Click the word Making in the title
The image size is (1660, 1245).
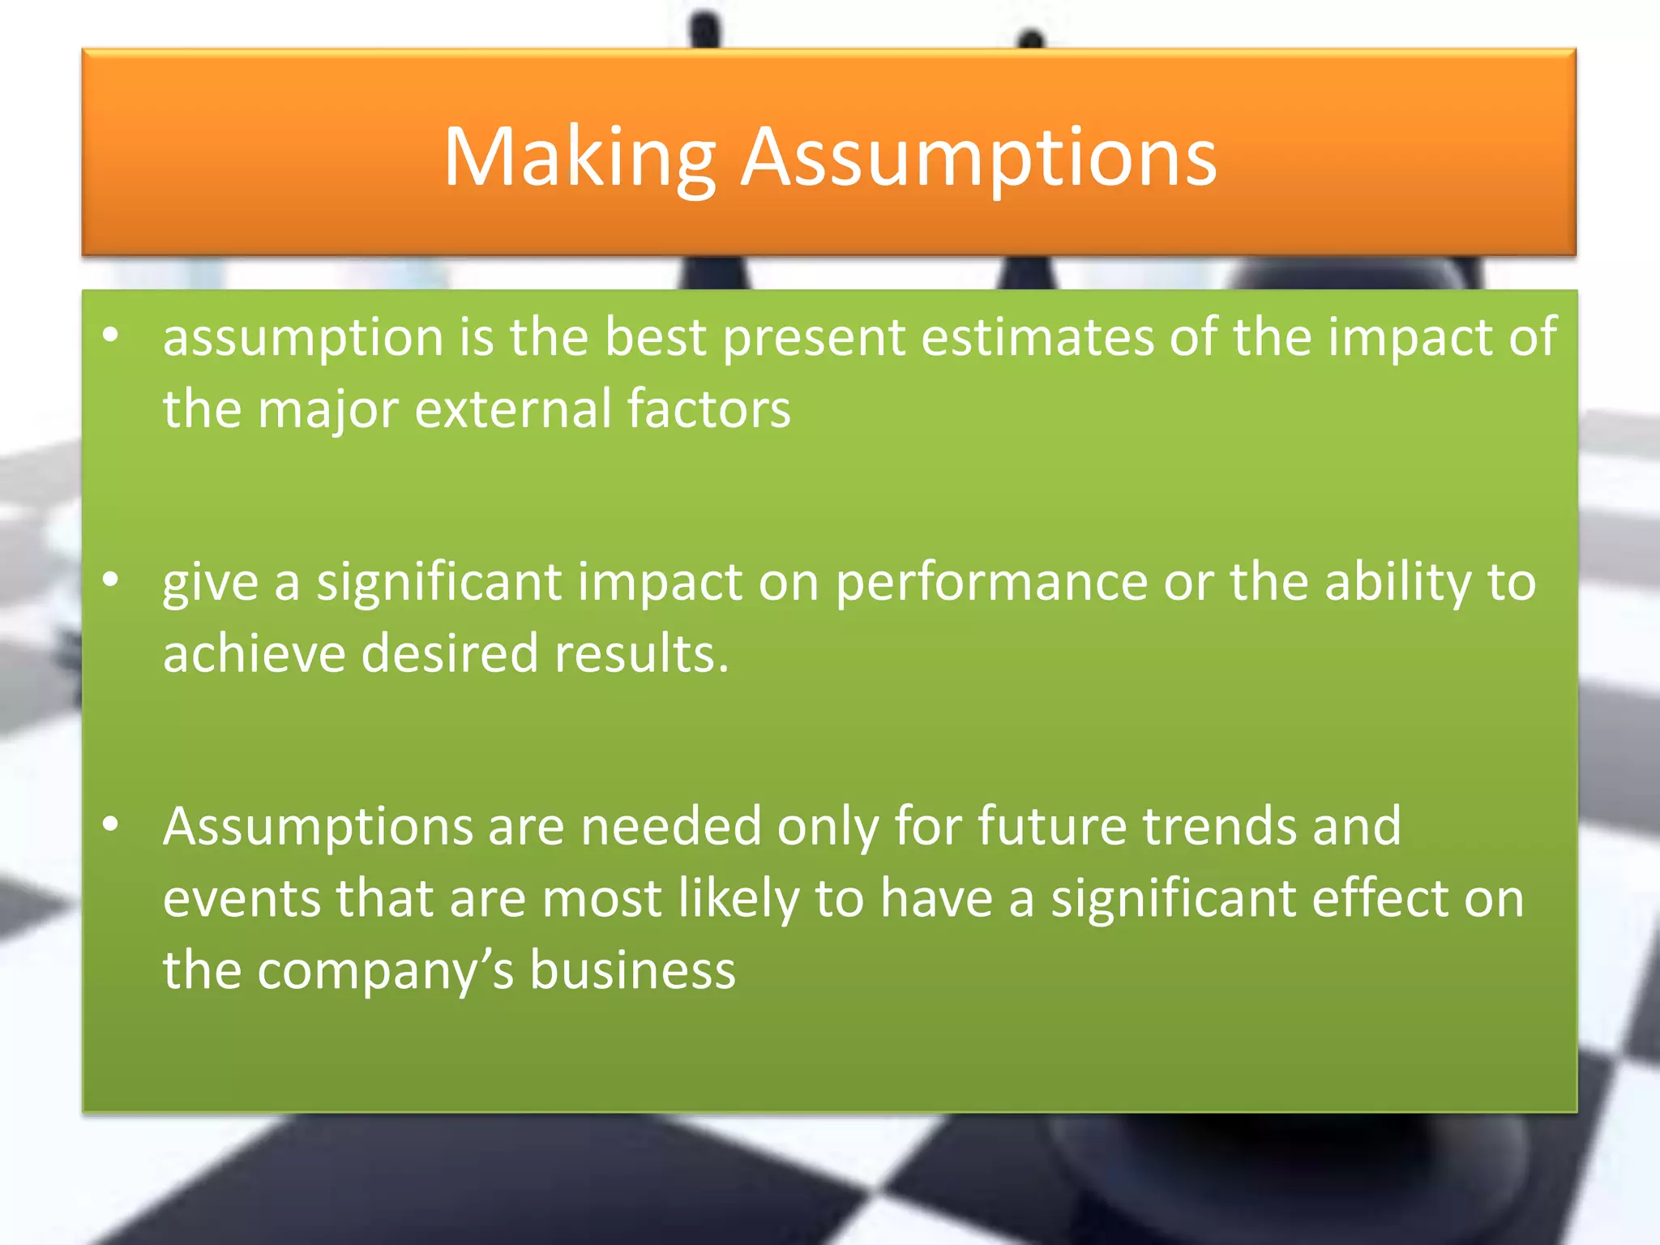tap(579, 158)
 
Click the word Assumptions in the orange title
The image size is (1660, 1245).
tap(979, 158)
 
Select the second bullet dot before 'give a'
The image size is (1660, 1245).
tap(111, 580)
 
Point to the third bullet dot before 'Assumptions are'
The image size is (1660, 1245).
tap(111, 824)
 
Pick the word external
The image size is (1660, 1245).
tap(512, 409)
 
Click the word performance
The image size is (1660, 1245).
tap(990, 582)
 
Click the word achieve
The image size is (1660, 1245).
tap(254, 653)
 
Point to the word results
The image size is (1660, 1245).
tap(641, 653)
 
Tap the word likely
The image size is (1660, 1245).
tap(738, 899)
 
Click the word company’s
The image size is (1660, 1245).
tap(385, 971)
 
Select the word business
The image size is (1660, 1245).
tap(632, 971)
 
